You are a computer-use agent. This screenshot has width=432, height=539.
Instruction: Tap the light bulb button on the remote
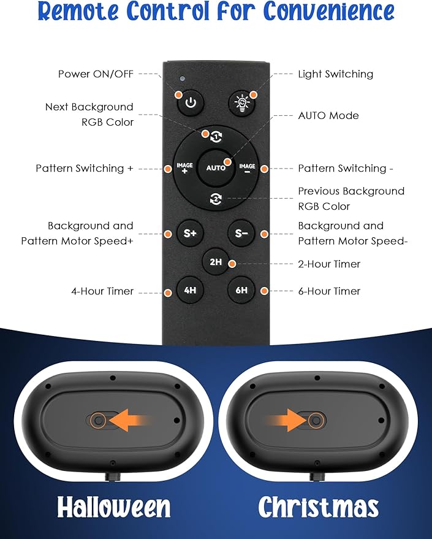tap(242, 103)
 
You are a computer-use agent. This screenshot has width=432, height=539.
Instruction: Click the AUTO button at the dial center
tap(216, 168)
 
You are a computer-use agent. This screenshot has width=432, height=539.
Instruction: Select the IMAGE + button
tap(185, 168)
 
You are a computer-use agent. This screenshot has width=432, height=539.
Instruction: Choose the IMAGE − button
tap(247, 168)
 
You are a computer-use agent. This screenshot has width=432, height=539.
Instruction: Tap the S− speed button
tap(241, 234)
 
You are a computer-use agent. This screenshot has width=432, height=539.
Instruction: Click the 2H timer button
tap(216, 262)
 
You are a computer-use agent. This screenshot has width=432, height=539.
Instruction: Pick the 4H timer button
tap(190, 290)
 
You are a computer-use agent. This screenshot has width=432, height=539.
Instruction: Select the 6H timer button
tap(241, 290)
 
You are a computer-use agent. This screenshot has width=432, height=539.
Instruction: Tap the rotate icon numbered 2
tap(216, 199)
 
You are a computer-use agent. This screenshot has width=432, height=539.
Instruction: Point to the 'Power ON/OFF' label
tap(96, 74)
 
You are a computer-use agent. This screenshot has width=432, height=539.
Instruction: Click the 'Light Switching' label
tap(336, 74)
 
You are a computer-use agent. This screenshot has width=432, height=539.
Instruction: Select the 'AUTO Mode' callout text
tap(328, 115)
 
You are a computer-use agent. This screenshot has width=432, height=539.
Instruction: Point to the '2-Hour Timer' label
tap(329, 264)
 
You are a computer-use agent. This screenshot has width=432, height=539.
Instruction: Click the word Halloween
tap(113, 507)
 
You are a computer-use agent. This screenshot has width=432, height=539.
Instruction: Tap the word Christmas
tap(319, 507)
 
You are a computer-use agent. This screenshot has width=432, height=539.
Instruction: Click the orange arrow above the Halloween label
tap(131, 420)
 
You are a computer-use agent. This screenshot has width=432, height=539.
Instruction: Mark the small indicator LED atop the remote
tap(183, 78)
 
